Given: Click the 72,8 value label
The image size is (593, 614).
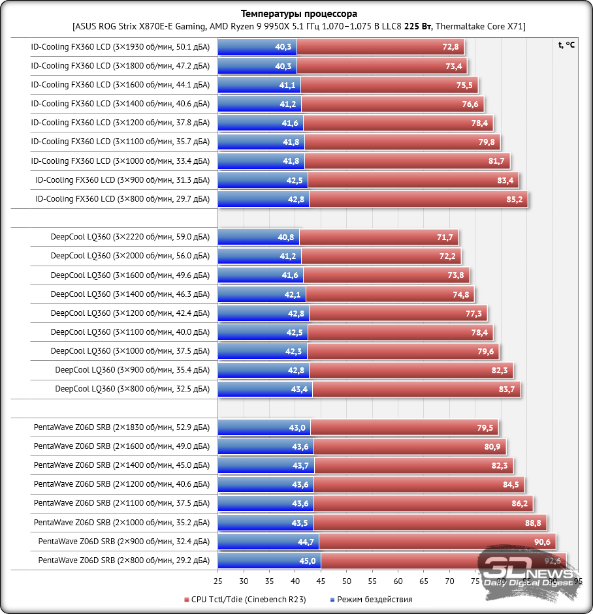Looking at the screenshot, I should pyautogui.click(x=451, y=47).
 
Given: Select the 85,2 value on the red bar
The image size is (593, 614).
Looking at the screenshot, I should pyautogui.click(x=515, y=199).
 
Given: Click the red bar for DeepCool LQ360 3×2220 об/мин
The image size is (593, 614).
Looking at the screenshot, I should pyautogui.click(x=379, y=238).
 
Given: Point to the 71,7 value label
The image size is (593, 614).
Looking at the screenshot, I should pyautogui.click(x=446, y=238).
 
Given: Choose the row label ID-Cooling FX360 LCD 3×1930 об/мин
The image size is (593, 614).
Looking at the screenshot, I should pyautogui.click(x=120, y=47).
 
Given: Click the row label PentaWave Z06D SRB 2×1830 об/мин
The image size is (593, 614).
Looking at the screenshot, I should pyautogui.click(x=121, y=428).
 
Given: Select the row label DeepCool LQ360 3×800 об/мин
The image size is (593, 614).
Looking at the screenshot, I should pyautogui.click(x=133, y=390).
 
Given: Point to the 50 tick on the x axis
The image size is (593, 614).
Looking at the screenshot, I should pyautogui.click(x=346, y=580).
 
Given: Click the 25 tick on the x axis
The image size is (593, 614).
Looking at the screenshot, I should pyautogui.click(x=217, y=580).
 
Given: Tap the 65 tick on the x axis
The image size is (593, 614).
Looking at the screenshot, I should pyautogui.click(x=424, y=580).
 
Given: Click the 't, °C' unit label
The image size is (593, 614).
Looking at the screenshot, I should pyautogui.click(x=567, y=45).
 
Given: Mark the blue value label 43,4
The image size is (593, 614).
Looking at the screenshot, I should pyautogui.click(x=299, y=390).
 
